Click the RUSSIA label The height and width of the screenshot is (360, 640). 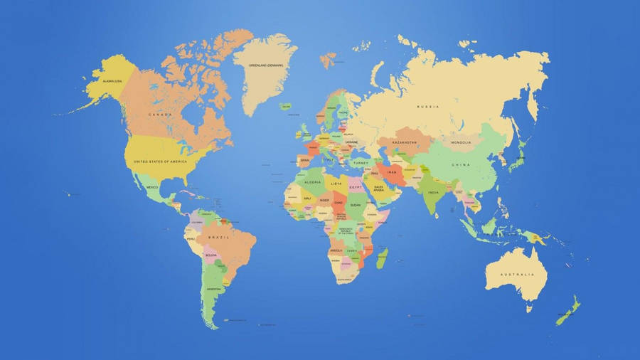[428, 107]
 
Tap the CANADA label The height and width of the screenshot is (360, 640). [159, 115]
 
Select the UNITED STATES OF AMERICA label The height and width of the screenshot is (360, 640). [160, 162]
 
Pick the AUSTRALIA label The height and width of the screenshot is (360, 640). [516, 275]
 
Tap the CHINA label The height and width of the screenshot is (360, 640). [461, 165]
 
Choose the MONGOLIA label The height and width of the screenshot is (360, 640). [461, 142]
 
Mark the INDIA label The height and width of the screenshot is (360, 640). [433, 193]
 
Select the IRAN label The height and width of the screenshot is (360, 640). [392, 172]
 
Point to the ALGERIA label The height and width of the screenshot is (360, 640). [313, 182]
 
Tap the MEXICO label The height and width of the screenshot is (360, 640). [152, 187]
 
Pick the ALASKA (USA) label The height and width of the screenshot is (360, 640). [112, 82]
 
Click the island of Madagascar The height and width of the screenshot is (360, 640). [383, 258]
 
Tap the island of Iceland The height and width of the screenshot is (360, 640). [286, 107]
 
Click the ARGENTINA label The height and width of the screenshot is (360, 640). [213, 290]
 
